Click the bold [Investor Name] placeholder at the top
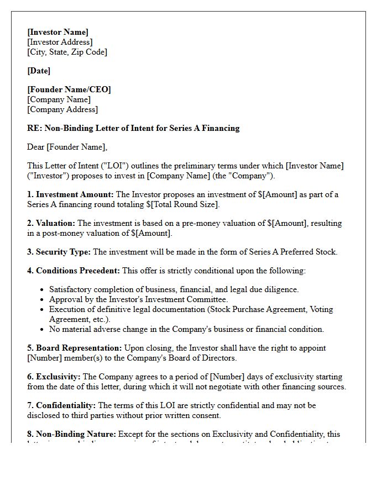click(x=57, y=32)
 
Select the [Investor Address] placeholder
click(x=60, y=42)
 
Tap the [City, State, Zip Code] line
click(x=67, y=52)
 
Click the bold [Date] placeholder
click(x=39, y=71)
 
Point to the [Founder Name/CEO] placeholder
click(x=69, y=89)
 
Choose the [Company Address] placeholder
click(x=62, y=109)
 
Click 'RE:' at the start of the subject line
click(x=34, y=128)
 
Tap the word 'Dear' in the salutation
click(x=35, y=147)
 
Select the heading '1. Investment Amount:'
click(x=70, y=194)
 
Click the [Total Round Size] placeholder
click(x=185, y=204)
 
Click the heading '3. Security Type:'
click(x=59, y=252)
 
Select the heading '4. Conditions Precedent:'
click(x=73, y=271)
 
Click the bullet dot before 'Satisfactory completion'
click(x=43, y=289)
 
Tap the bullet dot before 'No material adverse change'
click(x=43, y=329)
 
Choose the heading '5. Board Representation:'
click(x=74, y=348)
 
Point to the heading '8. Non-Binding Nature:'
click(x=71, y=434)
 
